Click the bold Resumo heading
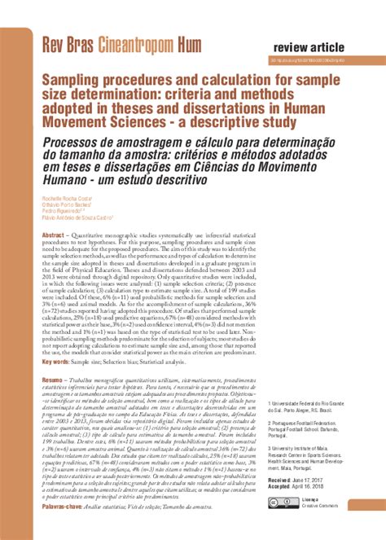pyautogui.click(x=52, y=380)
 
